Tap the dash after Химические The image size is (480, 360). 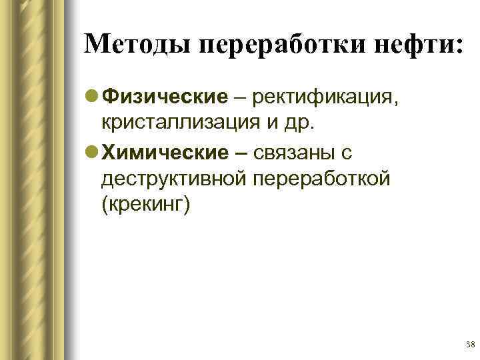pos(239,153)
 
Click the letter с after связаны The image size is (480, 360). pos(346,154)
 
